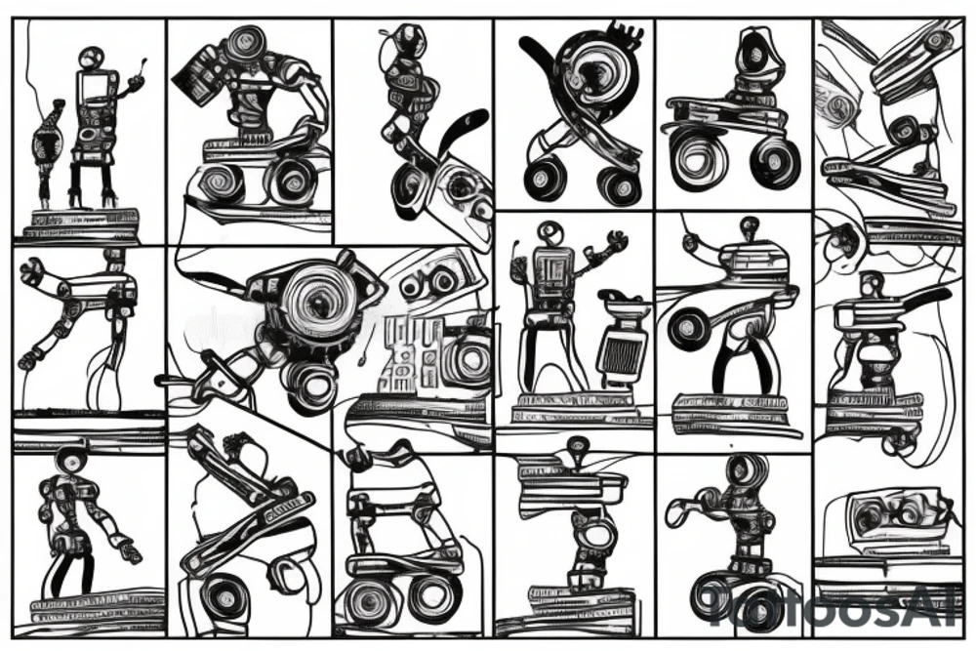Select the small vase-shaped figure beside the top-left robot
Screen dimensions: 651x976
click(47, 146)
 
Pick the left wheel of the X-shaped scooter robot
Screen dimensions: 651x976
click(545, 180)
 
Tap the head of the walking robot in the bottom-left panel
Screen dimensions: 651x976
click(71, 459)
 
